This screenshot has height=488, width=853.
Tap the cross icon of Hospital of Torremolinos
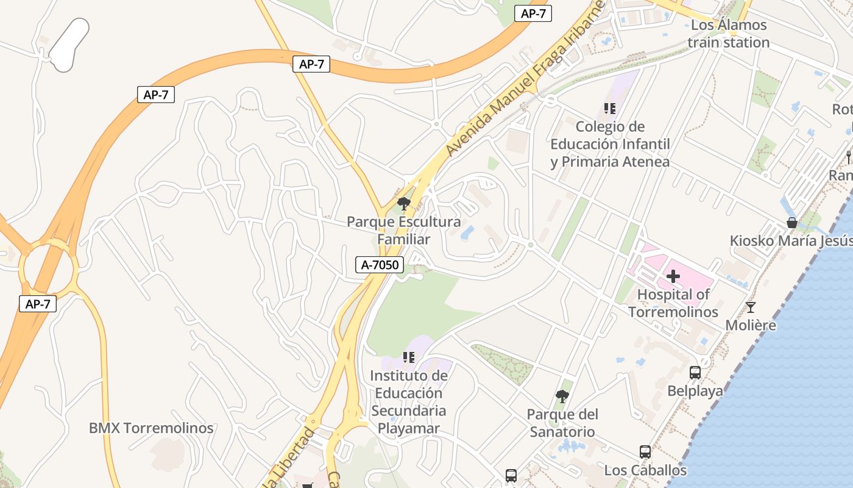click(x=673, y=276)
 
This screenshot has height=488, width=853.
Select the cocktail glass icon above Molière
click(x=751, y=307)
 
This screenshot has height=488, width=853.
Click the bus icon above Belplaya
click(x=695, y=373)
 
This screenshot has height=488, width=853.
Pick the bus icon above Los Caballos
click(x=645, y=452)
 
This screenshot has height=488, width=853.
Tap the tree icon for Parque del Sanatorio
click(x=562, y=396)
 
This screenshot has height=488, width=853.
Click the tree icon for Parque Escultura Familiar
click(x=403, y=204)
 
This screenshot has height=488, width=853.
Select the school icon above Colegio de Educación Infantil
click(x=609, y=109)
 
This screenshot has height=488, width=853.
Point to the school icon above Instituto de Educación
click(x=409, y=357)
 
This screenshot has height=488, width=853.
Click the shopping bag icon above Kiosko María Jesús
click(x=792, y=223)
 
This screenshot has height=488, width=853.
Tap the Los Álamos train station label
click(x=728, y=34)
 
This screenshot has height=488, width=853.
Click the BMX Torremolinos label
click(x=151, y=428)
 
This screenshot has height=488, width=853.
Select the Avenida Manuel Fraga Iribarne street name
click(x=524, y=79)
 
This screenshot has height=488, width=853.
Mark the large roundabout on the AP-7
click(x=49, y=267)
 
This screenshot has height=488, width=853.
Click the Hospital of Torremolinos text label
click(x=673, y=303)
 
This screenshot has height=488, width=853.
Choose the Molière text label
click(x=751, y=325)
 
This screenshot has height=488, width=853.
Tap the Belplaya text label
click(x=695, y=391)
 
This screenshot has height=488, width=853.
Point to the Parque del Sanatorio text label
click(x=562, y=423)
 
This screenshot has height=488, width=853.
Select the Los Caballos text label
click(x=645, y=470)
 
